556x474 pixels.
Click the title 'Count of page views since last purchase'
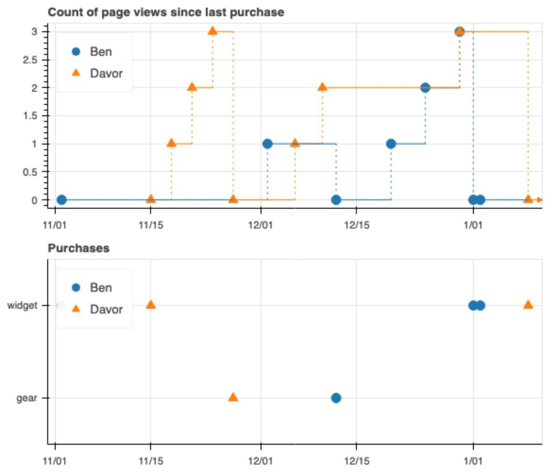[x=166, y=12]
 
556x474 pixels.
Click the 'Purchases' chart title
[x=79, y=248]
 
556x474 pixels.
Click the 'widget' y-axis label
[x=22, y=306]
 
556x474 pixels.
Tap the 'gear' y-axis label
[x=26, y=398]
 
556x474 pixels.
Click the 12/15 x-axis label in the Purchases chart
[x=356, y=461]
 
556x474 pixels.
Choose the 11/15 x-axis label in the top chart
[x=151, y=225]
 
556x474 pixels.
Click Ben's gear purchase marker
[x=336, y=398]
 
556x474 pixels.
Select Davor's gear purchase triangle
[x=233, y=397]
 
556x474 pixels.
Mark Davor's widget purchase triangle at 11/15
[x=151, y=304]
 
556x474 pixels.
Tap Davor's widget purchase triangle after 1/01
[x=528, y=304]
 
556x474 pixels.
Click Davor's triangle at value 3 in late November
[x=213, y=31]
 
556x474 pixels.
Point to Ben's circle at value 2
[x=425, y=88]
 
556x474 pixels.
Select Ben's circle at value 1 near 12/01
[x=267, y=144]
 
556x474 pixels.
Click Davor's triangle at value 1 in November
[x=171, y=143]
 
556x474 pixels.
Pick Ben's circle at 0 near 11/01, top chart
[x=62, y=200]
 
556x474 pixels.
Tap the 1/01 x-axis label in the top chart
[x=473, y=225]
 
